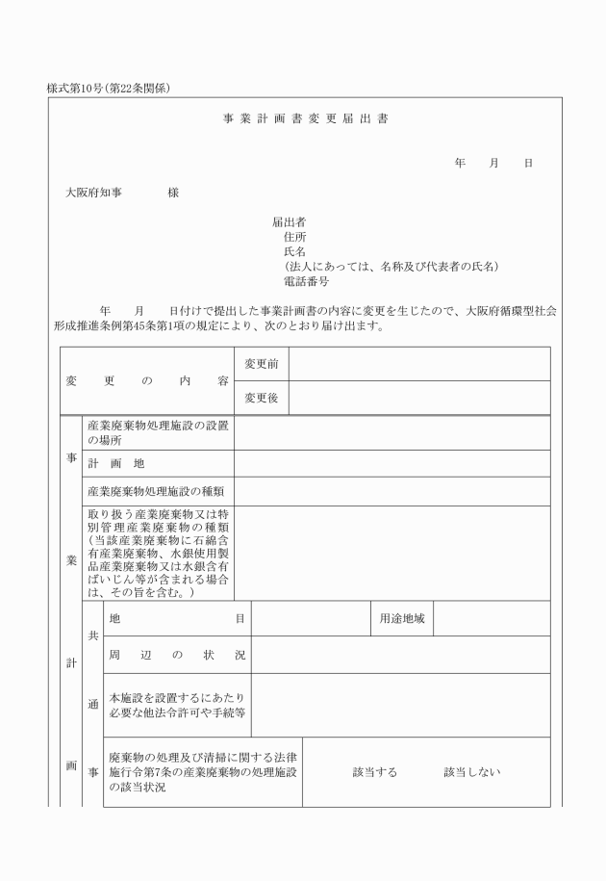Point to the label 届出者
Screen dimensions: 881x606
point(289,221)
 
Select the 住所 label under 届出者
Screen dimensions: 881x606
point(295,237)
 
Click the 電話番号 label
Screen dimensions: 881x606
point(307,282)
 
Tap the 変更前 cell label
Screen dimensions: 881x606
point(262,364)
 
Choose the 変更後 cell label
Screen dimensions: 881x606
point(262,398)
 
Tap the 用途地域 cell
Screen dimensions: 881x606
point(401,618)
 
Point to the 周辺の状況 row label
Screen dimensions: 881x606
point(177,655)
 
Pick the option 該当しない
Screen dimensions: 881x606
point(471,772)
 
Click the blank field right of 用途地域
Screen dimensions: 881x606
point(492,618)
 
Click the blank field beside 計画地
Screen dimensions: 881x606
point(391,463)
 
